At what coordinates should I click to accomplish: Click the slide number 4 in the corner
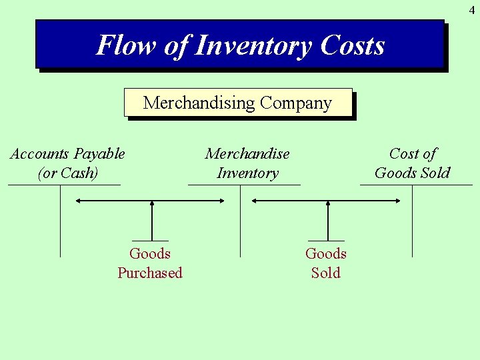(471, 10)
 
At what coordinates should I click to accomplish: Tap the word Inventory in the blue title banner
(253, 46)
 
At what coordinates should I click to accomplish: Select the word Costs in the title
(352, 46)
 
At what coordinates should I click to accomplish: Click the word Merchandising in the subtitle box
(199, 103)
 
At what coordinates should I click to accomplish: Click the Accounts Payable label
(67, 154)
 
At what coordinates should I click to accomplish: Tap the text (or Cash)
(67, 173)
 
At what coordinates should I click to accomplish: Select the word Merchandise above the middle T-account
(247, 154)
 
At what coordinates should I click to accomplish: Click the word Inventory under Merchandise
(247, 173)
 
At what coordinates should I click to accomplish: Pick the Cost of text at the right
(413, 154)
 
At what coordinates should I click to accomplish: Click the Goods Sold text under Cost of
(413, 173)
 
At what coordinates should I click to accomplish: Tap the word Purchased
(150, 273)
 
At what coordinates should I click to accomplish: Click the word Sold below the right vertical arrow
(326, 273)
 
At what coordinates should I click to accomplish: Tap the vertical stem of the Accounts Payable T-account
(61, 220)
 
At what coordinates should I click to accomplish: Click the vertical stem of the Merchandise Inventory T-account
(240, 220)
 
